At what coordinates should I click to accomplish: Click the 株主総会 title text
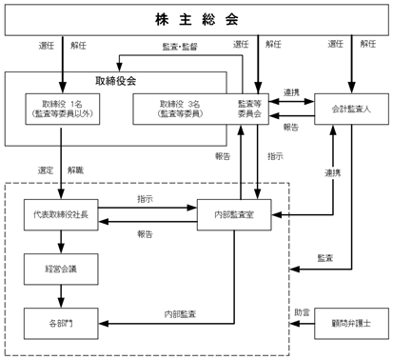(197, 20)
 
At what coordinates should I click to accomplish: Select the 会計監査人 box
(351, 109)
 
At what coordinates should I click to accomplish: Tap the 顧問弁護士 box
(351, 324)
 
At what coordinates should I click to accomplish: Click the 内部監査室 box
(234, 214)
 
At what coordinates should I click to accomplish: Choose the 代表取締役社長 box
(61, 214)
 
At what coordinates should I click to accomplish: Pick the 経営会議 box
(61, 269)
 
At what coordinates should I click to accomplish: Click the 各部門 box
(61, 324)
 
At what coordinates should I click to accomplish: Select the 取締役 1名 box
(63, 109)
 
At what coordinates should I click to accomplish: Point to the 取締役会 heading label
(116, 81)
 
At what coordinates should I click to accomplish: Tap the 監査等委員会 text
(250, 109)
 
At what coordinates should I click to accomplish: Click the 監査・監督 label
(180, 47)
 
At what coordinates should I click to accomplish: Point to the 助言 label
(302, 312)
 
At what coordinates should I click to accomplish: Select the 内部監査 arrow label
(180, 314)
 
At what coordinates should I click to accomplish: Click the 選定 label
(46, 170)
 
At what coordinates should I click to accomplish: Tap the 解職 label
(75, 170)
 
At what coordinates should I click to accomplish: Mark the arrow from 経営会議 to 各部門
(61, 296)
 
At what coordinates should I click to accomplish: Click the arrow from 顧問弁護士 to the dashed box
(303, 324)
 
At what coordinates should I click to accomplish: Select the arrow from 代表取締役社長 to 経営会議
(61, 242)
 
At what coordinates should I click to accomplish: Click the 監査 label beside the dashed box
(325, 258)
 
